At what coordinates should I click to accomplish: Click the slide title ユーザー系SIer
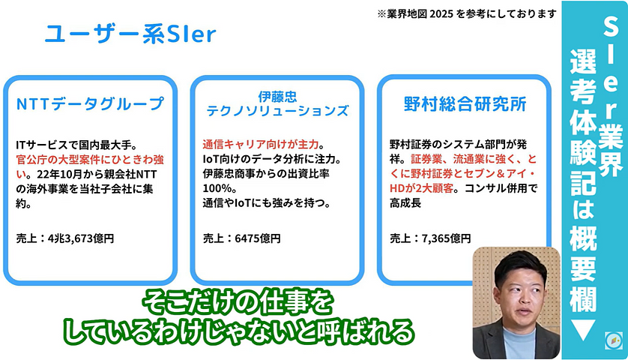130,34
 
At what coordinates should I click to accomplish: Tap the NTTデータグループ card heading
89,103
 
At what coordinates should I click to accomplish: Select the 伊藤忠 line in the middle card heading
277,96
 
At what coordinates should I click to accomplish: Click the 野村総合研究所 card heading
464,103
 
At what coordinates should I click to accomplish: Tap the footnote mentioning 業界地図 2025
468,13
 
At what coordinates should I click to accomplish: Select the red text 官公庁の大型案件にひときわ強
87,159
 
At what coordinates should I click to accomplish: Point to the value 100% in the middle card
217,188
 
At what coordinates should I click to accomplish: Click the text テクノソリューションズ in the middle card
277,111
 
